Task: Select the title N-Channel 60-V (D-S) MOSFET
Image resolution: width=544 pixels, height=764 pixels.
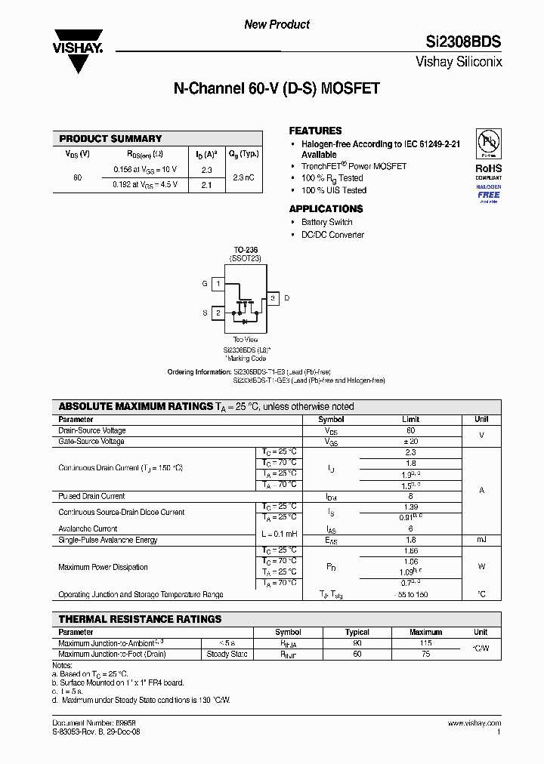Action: [x=277, y=89]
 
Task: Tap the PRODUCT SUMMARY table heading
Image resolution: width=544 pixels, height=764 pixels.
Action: [x=110, y=139]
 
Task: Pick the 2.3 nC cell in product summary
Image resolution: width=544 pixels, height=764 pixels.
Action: [x=243, y=177]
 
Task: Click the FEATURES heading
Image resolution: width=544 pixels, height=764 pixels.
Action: [x=315, y=131]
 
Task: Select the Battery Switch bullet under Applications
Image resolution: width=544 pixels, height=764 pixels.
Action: [x=326, y=222]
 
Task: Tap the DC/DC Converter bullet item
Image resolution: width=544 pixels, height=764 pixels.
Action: [x=332, y=235]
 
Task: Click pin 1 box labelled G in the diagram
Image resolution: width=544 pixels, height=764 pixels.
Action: [x=218, y=284]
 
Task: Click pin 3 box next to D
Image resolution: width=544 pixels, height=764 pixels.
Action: [x=273, y=298]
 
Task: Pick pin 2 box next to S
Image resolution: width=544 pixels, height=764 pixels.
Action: [x=218, y=313]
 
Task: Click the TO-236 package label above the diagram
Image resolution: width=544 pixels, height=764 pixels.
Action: [x=245, y=249]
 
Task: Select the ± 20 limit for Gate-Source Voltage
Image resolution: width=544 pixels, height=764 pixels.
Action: [x=410, y=441]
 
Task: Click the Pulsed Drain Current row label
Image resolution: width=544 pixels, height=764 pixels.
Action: [x=91, y=496]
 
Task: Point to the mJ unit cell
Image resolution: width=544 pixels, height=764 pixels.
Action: [x=481, y=540]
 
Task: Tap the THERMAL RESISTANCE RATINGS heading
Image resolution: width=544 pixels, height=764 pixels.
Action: [x=140, y=619]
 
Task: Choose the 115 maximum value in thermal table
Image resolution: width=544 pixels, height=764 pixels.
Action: [x=425, y=643]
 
